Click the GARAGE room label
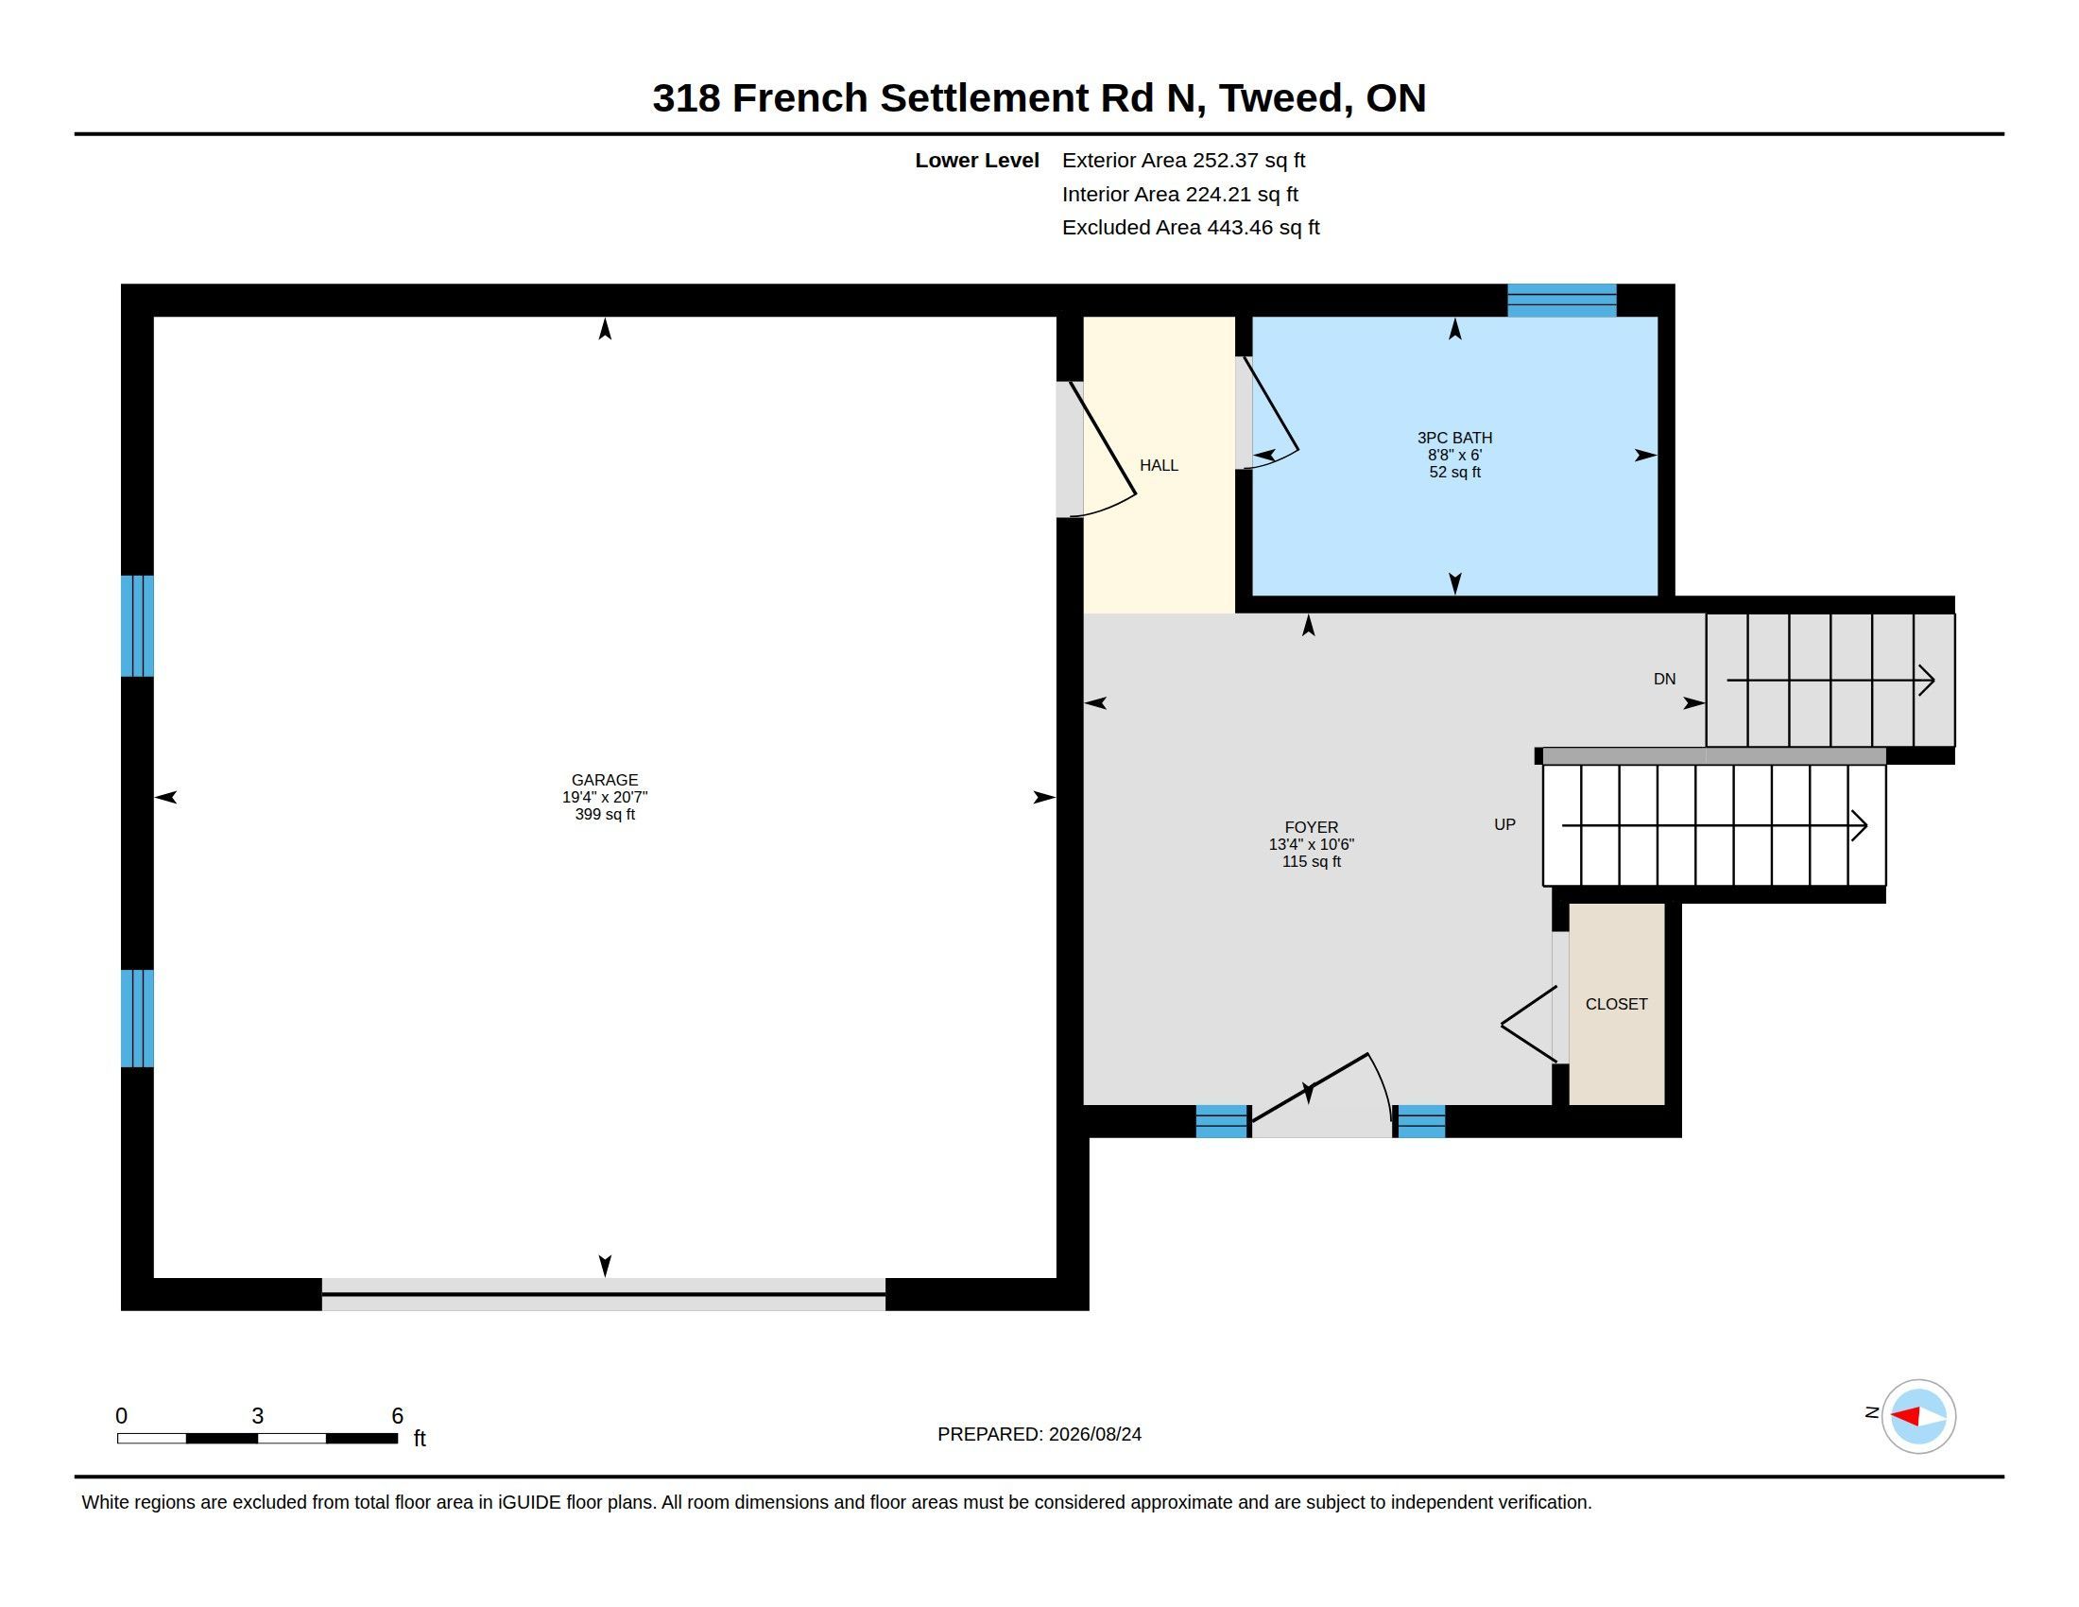[x=605, y=781]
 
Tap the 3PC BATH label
[x=1454, y=438]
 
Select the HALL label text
[x=1159, y=465]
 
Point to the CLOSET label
[x=1616, y=1004]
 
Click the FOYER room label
[x=1311, y=827]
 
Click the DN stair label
[x=1664, y=679]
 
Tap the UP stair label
[x=1504, y=824]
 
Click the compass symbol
[x=1918, y=1416]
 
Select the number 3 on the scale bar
[x=257, y=1416]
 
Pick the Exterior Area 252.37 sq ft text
[x=1183, y=161]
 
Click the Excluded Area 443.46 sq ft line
[x=1191, y=228]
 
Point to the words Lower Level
[x=977, y=161]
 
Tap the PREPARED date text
[x=1039, y=1434]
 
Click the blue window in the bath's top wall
[x=1561, y=300]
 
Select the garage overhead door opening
[x=604, y=1295]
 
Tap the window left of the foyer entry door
[x=1222, y=1121]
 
